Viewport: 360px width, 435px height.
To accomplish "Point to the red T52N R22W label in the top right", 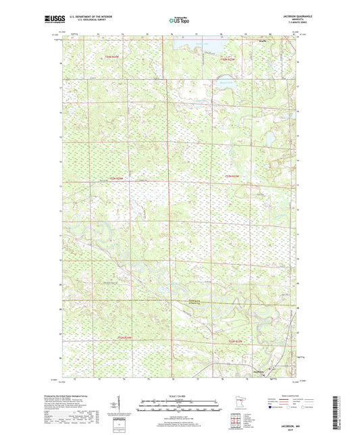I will coord(228,60).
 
